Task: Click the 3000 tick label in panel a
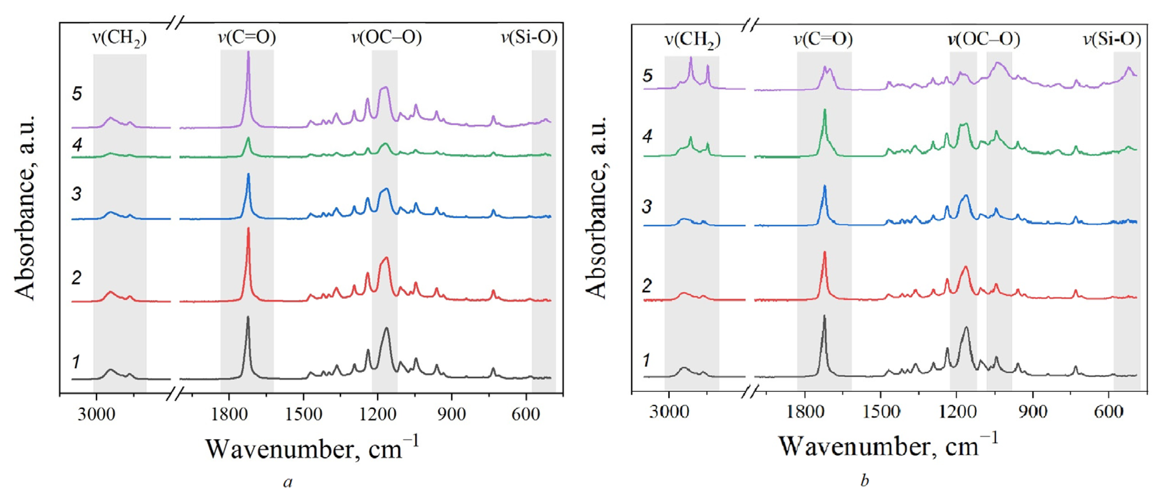(96, 413)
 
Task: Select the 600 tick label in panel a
(525, 413)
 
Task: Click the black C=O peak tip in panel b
(824, 316)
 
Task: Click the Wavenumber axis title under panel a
(312, 448)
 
